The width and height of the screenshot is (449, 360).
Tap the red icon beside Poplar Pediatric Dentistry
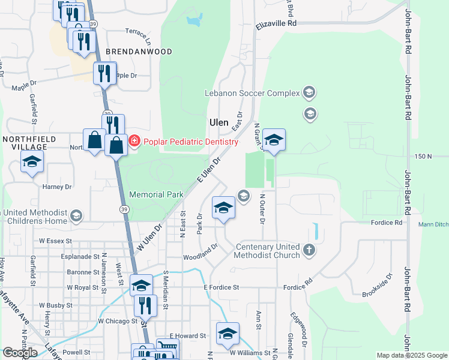pos(134,142)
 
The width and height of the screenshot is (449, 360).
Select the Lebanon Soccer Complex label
pos(252,93)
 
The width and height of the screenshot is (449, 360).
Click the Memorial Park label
pos(156,194)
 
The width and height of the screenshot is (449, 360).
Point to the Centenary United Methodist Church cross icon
pos(309,250)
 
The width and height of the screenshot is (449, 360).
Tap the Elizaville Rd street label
pos(276,24)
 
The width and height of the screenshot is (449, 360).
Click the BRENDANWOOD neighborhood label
pos(139,52)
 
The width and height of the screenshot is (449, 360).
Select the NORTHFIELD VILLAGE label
pos(25,143)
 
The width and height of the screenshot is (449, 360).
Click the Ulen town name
pos(218,122)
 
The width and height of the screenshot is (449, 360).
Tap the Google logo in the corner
pos(20,352)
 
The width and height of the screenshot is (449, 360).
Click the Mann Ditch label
pos(433,225)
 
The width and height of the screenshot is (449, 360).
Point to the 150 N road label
pos(423,156)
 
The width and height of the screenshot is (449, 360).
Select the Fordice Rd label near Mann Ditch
pos(386,223)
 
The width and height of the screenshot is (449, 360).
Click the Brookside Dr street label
pos(377,285)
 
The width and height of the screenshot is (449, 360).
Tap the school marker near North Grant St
pos(274,140)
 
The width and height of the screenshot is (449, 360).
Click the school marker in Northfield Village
pos(32,162)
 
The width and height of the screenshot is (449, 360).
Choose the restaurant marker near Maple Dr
pos(104,74)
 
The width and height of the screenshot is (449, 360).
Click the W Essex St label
pos(55,241)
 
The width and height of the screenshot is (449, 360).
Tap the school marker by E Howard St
pos(228,334)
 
